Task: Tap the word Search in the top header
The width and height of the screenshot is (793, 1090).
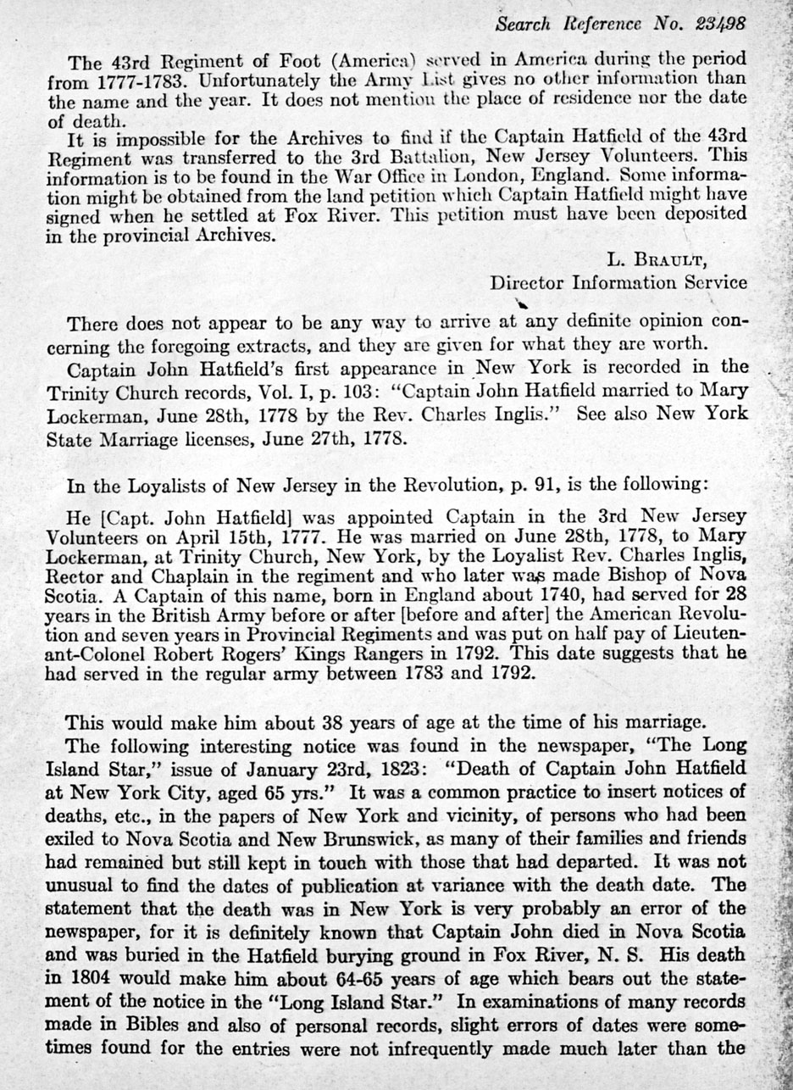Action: click(x=524, y=24)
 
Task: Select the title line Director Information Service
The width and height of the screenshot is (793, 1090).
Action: click(x=618, y=282)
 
